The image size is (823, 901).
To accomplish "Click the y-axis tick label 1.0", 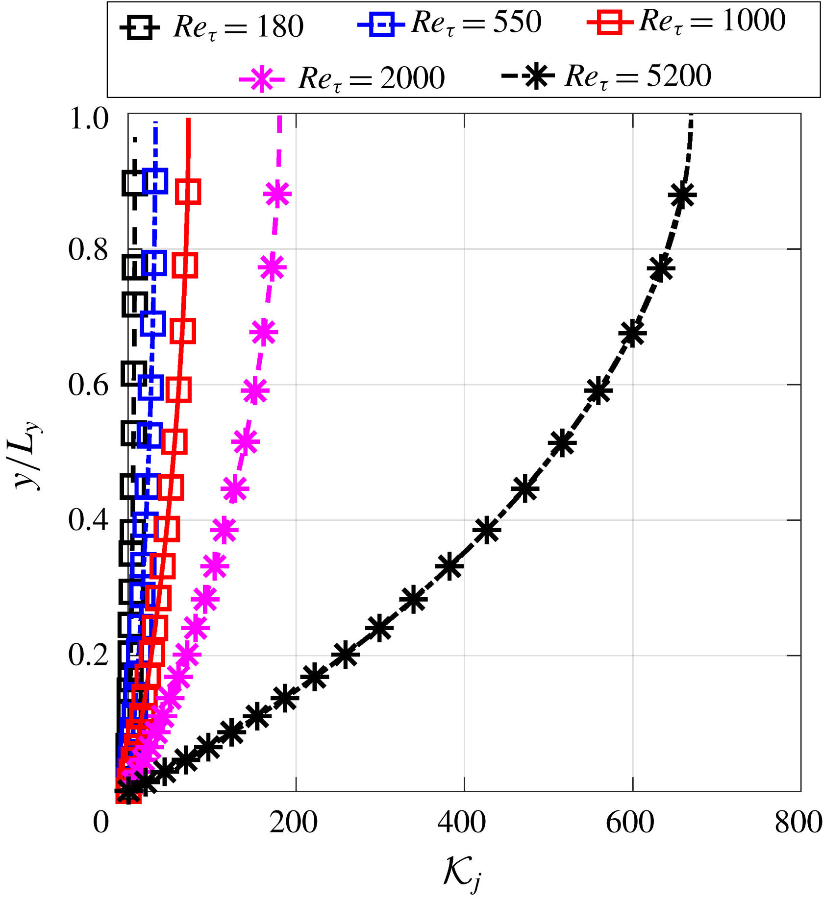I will click(89, 119).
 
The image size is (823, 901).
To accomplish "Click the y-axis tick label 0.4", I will click(88, 520).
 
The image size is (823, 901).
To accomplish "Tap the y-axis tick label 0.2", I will click(88, 655).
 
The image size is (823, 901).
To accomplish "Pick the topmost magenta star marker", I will click(277, 194).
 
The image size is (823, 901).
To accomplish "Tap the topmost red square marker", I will click(188, 192).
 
